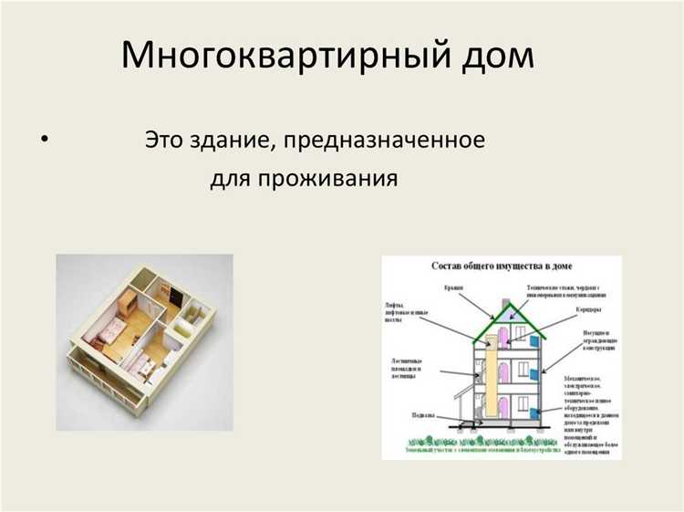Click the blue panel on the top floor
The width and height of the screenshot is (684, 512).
click(x=535, y=340)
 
